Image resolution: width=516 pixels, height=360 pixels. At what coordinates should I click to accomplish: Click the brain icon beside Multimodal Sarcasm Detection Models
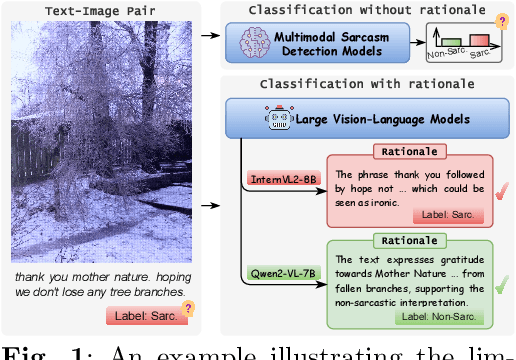pos(255,42)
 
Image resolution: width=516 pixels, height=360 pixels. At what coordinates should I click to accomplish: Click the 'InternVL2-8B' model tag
pos(283,179)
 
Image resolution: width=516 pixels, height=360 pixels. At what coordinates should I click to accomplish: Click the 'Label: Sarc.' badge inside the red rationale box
pos(448,215)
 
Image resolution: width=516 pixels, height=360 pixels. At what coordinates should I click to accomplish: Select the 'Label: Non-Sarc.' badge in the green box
pos(438,316)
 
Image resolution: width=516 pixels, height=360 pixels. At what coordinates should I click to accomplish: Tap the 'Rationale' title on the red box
pos(409,153)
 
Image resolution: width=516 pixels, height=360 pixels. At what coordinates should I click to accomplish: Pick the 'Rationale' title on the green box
pos(409,241)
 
